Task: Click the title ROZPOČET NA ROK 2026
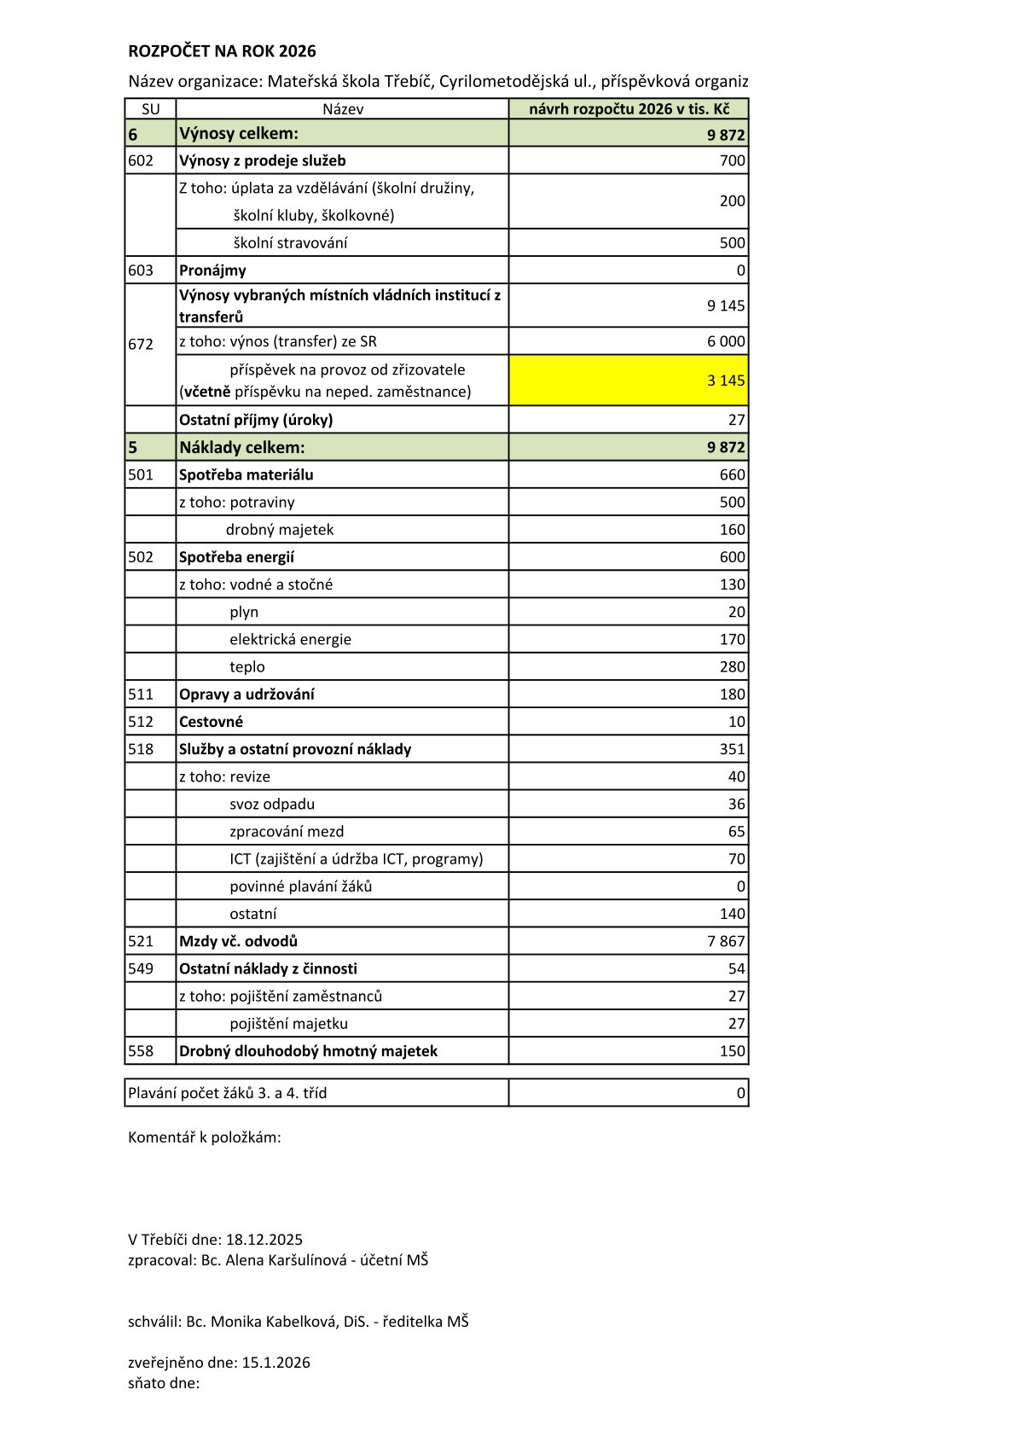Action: coord(222,51)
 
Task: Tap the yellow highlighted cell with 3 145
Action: coord(629,380)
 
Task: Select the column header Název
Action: coord(343,109)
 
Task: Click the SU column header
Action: coord(150,109)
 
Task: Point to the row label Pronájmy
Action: coord(212,270)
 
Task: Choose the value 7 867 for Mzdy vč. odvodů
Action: coord(726,941)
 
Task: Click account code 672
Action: coord(141,344)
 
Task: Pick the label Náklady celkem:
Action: coord(242,447)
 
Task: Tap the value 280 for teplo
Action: coord(732,666)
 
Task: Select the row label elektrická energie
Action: coord(290,639)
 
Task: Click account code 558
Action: coord(141,1051)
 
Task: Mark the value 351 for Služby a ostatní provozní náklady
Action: coord(732,749)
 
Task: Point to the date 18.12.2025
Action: coord(264,1240)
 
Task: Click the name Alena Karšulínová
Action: coord(285,1260)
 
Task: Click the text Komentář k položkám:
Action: coord(205,1137)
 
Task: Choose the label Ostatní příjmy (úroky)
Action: coord(256,420)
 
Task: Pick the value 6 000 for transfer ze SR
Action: coord(726,341)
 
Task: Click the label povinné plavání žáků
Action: coord(300,887)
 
